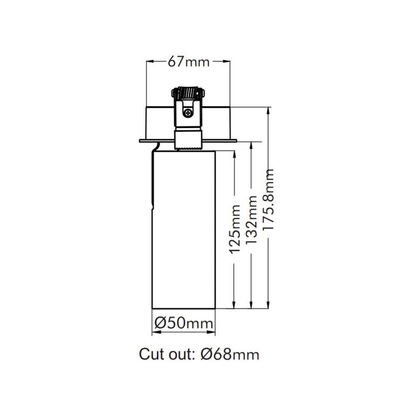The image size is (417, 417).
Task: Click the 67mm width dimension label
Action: click(x=189, y=62)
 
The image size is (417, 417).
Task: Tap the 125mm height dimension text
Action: click(x=235, y=229)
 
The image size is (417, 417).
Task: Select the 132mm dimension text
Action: click(x=251, y=220)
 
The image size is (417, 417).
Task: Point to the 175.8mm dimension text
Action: click(x=268, y=199)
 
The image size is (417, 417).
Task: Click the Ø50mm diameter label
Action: click(x=183, y=323)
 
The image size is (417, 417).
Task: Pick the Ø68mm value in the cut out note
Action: click(x=230, y=354)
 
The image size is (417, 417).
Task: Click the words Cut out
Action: click(x=167, y=354)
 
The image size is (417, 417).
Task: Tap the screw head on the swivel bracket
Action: click(x=188, y=113)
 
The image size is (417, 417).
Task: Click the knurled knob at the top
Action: click(x=188, y=93)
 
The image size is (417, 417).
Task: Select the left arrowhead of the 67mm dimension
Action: click(x=150, y=62)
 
